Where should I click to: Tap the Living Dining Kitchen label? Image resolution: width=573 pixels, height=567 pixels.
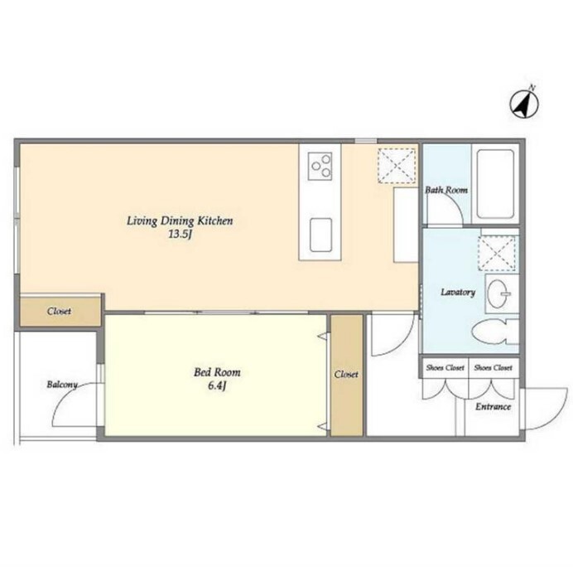[180, 221]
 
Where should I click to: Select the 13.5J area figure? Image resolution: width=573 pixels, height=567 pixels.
[180, 235]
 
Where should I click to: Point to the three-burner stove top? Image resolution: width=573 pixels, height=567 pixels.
[320, 166]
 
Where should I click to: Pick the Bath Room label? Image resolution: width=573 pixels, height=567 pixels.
[446, 190]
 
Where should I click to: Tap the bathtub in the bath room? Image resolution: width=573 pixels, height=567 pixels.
[495, 184]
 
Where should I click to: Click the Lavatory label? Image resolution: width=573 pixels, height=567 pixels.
[458, 292]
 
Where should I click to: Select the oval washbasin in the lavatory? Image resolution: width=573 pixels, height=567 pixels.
[498, 293]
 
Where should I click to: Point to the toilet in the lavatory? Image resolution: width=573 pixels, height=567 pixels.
[495, 332]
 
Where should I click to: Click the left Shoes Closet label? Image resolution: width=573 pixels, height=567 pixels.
[445, 367]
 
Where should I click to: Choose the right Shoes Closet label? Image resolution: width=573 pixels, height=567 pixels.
[493, 367]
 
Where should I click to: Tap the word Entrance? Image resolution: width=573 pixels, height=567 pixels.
[493, 407]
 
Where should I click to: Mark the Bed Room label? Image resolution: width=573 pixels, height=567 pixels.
[217, 372]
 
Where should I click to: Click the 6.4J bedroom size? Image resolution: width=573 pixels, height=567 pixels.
[217, 386]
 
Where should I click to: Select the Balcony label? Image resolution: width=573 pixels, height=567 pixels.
[62, 385]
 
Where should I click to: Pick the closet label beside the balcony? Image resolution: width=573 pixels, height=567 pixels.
[59, 312]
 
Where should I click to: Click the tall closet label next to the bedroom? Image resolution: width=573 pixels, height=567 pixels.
[346, 374]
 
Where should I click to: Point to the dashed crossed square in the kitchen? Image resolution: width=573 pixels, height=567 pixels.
[397, 166]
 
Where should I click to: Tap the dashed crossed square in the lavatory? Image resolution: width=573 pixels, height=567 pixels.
[497, 254]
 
